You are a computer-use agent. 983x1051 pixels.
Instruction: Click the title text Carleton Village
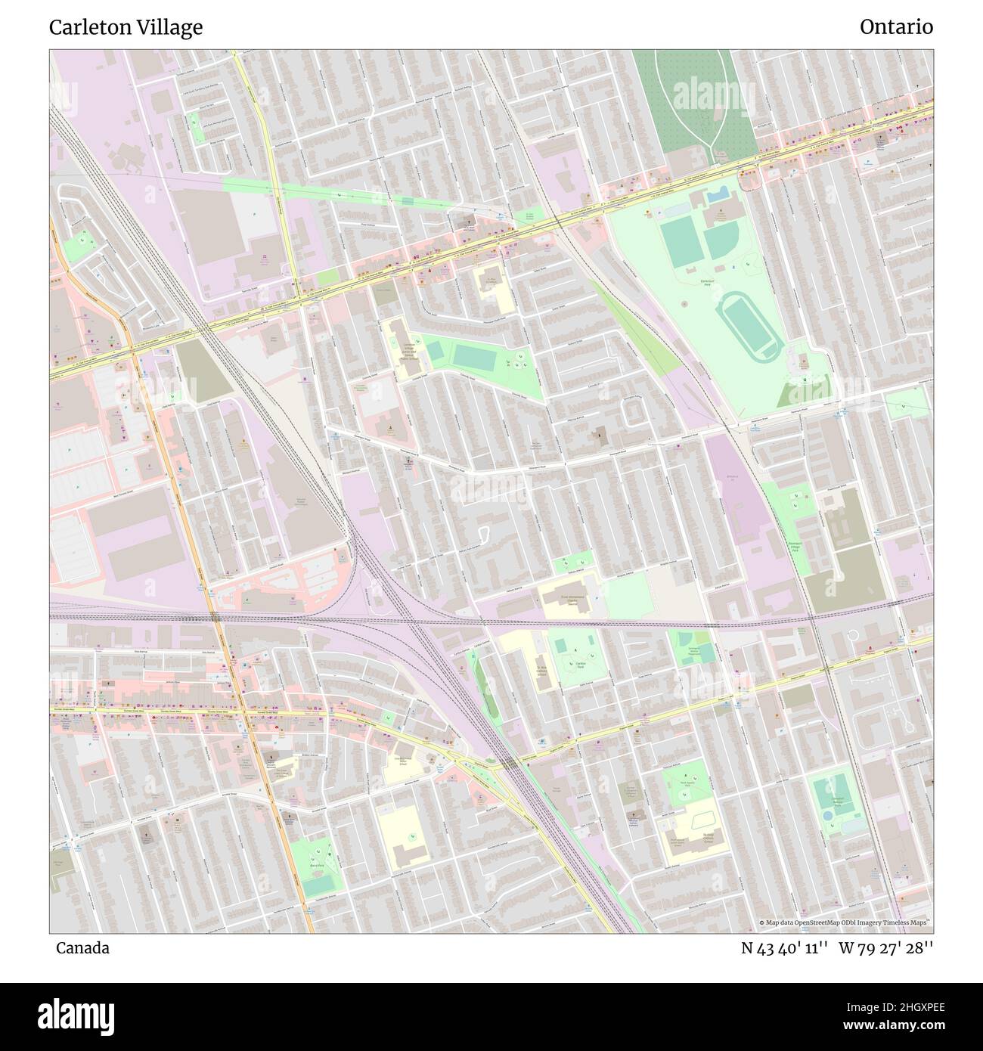(x=126, y=28)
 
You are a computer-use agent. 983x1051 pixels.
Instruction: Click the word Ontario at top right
(x=896, y=27)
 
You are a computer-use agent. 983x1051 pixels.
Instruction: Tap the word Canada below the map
(x=82, y=948)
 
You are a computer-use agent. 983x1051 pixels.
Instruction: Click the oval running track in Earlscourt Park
(x=749, y=327)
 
